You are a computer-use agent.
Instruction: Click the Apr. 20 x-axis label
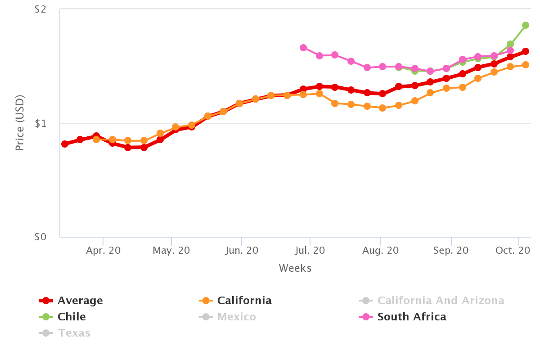click(x=103, y=251)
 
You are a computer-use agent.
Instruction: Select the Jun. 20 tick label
click(x=241, y=251)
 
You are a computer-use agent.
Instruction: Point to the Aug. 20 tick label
click(x=380, y=251)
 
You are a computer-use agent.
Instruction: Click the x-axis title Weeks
click(x=295, y=269)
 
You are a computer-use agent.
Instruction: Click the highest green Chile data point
click(x=525, y=25)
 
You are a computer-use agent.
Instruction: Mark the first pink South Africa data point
click(x=303, y=48)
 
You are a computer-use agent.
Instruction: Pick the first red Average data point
click(x=65, y=144)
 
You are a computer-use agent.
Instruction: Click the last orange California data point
click(x=525, y=65)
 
